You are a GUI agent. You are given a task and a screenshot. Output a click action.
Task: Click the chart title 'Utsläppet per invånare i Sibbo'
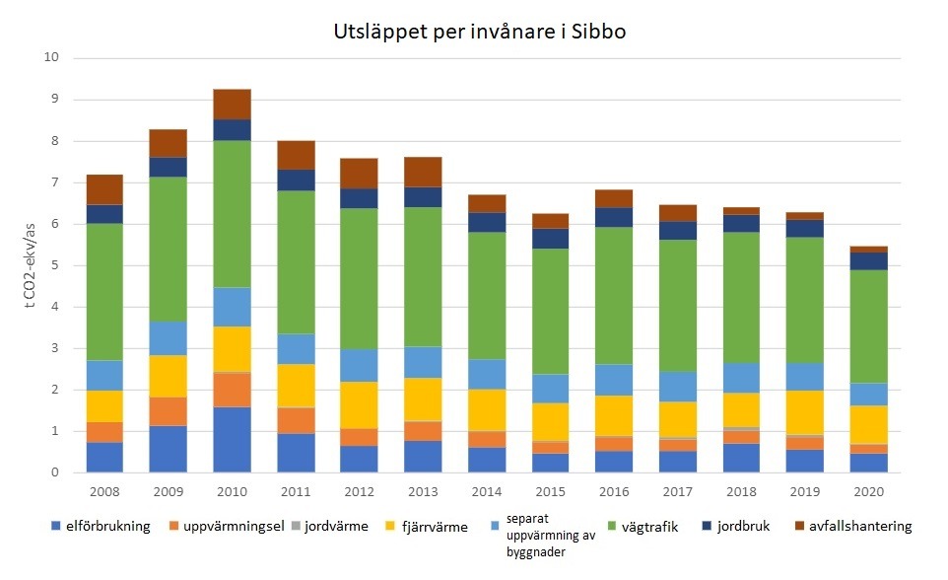[x=480, y=32]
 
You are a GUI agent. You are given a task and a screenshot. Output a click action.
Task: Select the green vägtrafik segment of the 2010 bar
[x=232, y=213]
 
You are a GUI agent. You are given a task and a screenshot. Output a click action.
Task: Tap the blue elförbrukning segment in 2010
[x=232, y=440]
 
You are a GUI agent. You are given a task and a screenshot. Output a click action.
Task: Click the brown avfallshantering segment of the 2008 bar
[x=104, y=189]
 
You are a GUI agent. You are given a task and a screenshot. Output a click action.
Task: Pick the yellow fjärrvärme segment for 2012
[x=360, y=404]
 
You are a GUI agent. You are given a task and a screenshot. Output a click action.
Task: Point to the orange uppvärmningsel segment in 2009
[x=169, y=411]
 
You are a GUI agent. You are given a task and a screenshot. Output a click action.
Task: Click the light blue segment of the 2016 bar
[x=615, y=380]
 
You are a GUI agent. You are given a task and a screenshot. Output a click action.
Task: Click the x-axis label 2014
[x=487, y=490]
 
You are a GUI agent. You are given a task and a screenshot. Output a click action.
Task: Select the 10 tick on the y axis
[x=52, y=58]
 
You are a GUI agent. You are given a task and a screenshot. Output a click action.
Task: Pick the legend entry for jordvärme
[x=332, y=527]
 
